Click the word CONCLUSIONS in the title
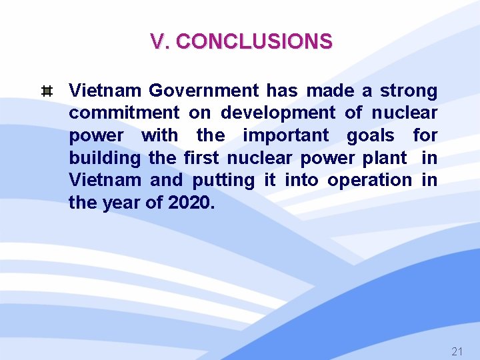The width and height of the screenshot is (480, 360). coord(253,42)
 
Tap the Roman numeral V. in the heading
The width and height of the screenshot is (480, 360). coord(161,42)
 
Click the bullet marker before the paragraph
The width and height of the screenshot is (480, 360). coord(47,91)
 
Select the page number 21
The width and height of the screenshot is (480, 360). coord(457,351)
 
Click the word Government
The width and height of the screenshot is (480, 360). coord(203,90)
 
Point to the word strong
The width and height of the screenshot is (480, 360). coord(409,90)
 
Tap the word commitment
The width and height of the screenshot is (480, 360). coord(124,113)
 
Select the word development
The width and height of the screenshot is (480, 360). coord(278,113)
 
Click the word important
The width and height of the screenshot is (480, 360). coord(285,135)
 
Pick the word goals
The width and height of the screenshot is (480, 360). coord(371,135)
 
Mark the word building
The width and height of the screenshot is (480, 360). coord(105,158)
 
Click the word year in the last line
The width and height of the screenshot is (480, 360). coord(121,203)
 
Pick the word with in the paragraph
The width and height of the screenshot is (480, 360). coord(160,135)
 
